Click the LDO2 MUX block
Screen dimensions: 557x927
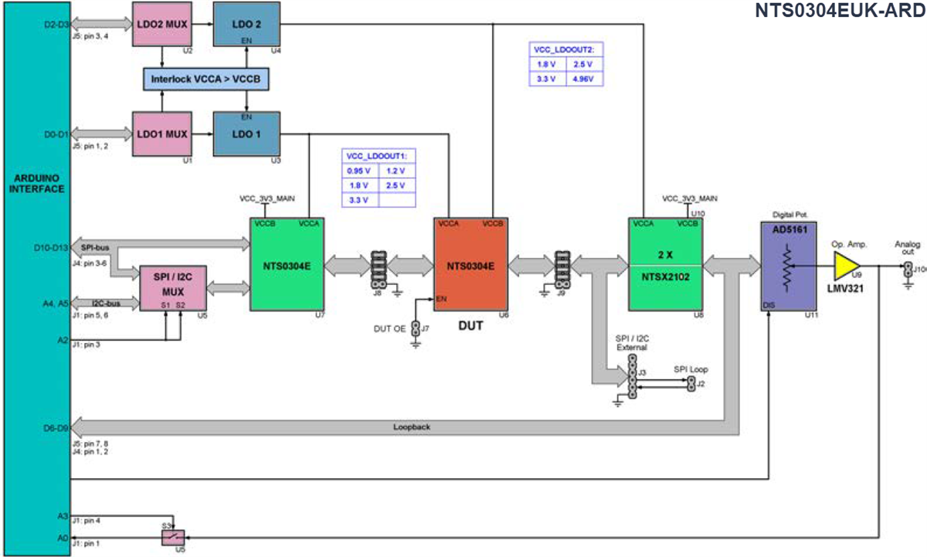pyautogui.click(x=161, y=25)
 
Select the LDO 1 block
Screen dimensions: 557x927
pyautogui.click(x=246, y=134)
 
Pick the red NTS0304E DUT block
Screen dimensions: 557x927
pyautogui.click(x=470, y=264)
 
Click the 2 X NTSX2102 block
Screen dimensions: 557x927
pyautogui.click(x=664, y=264)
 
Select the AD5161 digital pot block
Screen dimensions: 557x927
pyautogui.click(x=788, y=267)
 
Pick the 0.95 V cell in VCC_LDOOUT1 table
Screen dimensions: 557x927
pyautogui.click(x=359, y=171)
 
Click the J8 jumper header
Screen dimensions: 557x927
pyautogui.click(x=379, y=267)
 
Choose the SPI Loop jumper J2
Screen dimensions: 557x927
pyautogui.click(x=692, y=383)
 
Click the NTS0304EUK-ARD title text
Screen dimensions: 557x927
pyautogui.click(x=839, y=12)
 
